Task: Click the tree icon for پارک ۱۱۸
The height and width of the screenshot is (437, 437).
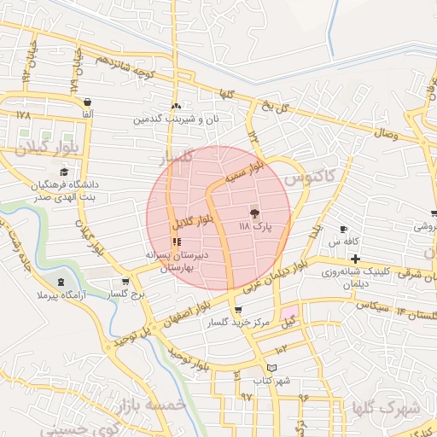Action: point(254,212)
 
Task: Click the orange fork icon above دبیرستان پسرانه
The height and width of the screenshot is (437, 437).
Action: point(177,242)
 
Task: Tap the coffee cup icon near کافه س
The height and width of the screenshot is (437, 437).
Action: point(343,229)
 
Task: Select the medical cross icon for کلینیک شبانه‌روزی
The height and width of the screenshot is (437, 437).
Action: point(355,259)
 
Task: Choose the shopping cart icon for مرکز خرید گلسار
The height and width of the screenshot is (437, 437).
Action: point(236,310)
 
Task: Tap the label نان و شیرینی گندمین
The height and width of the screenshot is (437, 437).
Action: point(175,119)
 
